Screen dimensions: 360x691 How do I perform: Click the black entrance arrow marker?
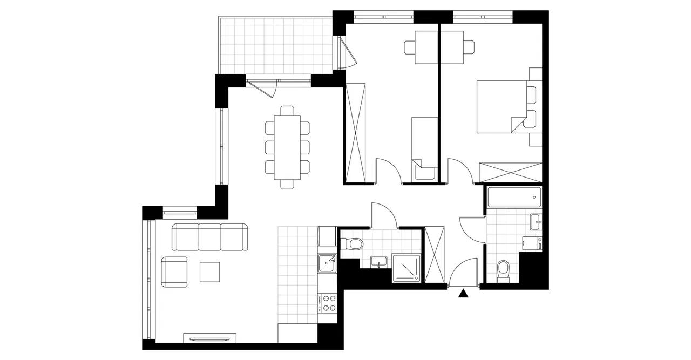click(x=463, y=294)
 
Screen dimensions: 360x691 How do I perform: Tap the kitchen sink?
click(x=327, y=263)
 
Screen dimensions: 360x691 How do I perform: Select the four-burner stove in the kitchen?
click(x=327, y=302)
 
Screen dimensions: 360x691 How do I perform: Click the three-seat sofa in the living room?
click(x=210, y=237)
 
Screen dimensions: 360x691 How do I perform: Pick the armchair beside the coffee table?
click(x=174, y=272)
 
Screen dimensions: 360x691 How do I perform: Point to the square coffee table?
click(x=210, y=271)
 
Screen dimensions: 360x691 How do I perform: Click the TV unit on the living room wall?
click(x=211, y=338)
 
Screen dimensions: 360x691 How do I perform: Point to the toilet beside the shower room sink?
click(x=355, y=244)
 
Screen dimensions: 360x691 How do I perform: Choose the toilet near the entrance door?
click(x=503, y=270)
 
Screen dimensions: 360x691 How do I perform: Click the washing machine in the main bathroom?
click(x=532, y=244)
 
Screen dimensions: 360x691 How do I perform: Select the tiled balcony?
click(x=274, y=45)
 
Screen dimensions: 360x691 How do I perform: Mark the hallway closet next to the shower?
click(x=434, y=255)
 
